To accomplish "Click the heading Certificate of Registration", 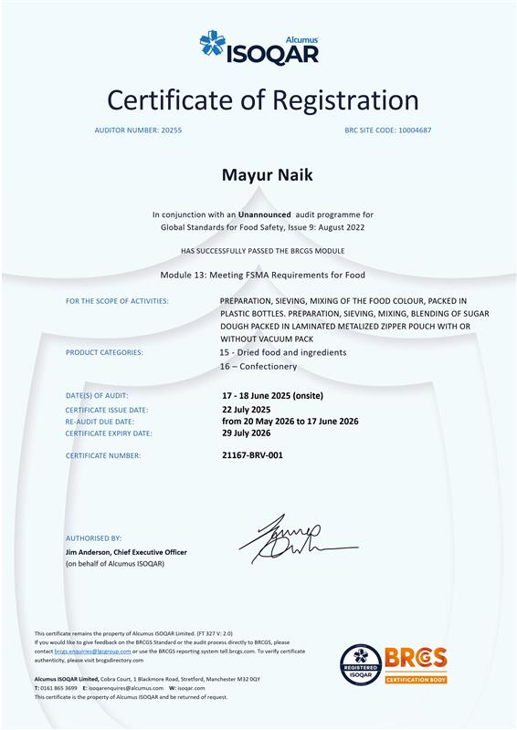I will [x=263, y=99].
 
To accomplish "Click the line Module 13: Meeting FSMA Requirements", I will [x=262, y=275].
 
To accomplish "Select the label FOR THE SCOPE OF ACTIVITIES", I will [x=117, y=301].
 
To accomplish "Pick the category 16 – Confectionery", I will [x=258, y=366].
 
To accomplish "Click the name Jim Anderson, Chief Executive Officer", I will [x=126, y=553].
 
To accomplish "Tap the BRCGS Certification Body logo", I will [x=416, y=666].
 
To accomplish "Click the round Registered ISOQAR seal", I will [x=361, y=665].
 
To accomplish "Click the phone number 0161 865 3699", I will [x=58, y=688].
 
